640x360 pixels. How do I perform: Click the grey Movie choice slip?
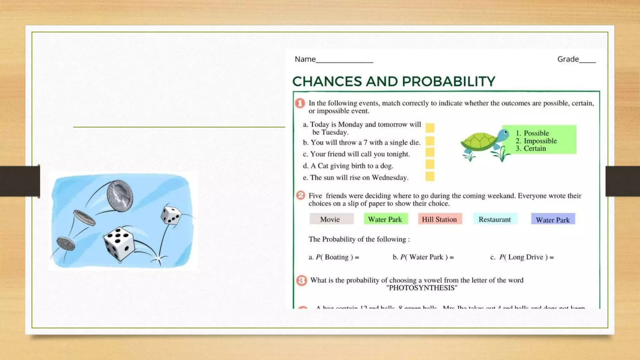click(x=331, y=219)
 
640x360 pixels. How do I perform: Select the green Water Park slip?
click(x=385, y=219)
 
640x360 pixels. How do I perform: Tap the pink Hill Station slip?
click(x=439, y=219)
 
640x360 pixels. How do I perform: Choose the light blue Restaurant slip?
click(x=495, y=219)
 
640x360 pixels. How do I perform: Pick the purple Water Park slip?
click(x=552, y=219)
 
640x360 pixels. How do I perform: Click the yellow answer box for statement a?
click(x=430, y=128)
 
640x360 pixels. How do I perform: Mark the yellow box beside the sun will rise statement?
click(x=430, y=177)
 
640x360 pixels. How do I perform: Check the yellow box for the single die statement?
click(x=430, y=141)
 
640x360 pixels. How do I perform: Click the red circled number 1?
click(x=300, y=103)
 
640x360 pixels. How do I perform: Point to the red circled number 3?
click(x=301, y=280)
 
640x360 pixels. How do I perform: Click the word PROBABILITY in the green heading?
click(x=448, y=82)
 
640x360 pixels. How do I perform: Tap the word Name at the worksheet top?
click(x=305, y=59)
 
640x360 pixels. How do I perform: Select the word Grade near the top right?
click(x=568, y=59)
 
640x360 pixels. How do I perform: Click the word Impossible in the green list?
click(x=540, y=141)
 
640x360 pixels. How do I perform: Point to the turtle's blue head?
click(x=503, y=135)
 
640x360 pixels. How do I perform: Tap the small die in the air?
click(x=171, y=215)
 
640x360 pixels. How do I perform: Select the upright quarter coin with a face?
click(x=120, y=196)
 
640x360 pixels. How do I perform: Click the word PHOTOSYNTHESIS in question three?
click(x=422, y=288)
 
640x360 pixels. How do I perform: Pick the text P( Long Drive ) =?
click(x=526, y=257)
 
